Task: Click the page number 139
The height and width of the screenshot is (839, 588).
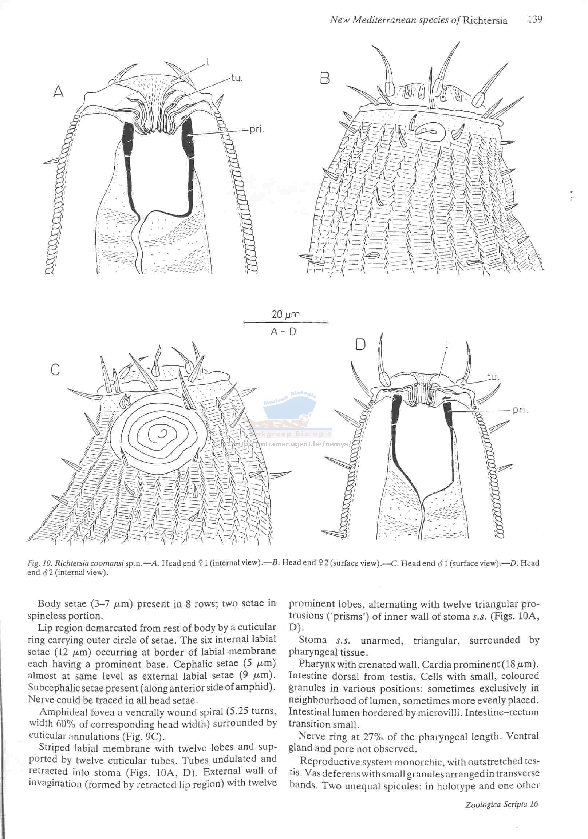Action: pyautogui.click(x=534, y=19)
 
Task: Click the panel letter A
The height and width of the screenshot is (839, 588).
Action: pyautogui.click(x=59, y=92)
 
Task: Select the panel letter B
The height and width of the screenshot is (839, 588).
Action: pyautogui.click(x=325, y=78)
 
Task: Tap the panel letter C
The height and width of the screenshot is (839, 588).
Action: pyautogui.click(x=55, y=370)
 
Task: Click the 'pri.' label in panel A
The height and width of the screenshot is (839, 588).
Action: pyautogui.click(x=256, y=130)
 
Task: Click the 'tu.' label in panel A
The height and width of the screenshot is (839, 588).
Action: pyautogui.click(x=236, y=78)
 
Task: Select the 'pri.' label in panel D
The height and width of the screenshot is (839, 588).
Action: pyautogui.click(x=520, y=409)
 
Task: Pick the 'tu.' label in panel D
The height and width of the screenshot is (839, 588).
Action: pyautogui.click(x=493, y=377)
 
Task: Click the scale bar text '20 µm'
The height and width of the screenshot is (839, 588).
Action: pyautogui.click(x=285, y=314)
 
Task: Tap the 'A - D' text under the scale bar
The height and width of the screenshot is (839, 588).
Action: pyautogui.click(x=284, y=332)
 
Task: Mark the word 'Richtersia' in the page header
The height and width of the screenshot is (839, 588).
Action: pyautogui.click(x=485, y=20)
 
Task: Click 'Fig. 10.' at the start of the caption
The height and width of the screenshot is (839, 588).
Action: pyautogui.click(x=40, y=563)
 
